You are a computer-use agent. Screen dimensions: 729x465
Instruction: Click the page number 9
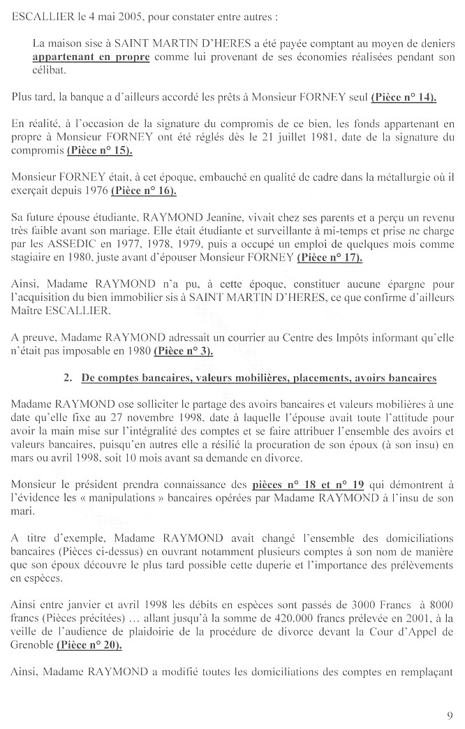pos(450,714)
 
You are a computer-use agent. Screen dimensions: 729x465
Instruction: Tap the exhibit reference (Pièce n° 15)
pos(100,150)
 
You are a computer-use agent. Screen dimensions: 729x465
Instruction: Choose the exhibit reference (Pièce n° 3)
pos(184,350)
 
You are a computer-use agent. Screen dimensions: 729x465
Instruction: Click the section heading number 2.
pos(68,378)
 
